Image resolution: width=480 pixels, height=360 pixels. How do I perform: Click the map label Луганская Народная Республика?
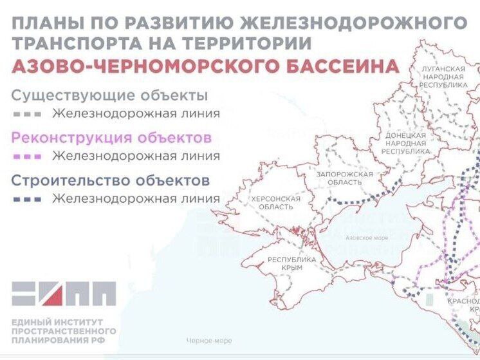[x=444, y=76]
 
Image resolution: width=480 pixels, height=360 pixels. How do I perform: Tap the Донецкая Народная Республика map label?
[x=405, y=143]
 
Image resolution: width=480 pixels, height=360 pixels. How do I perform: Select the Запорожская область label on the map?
[x=345, y=178]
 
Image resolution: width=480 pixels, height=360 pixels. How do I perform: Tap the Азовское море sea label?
[x=367, y=238]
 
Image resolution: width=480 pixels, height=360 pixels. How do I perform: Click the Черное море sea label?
[x=208, y=341]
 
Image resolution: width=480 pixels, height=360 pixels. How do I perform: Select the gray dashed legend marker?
[x=28, y=114]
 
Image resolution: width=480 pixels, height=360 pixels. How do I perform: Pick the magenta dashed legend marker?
[x=28, y=156]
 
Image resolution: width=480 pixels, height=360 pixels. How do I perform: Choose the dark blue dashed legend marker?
[x=28, y=199]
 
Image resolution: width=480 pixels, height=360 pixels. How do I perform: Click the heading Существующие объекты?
[x=109, y=96]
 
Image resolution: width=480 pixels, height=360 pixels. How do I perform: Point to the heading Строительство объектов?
[x=110, y=181]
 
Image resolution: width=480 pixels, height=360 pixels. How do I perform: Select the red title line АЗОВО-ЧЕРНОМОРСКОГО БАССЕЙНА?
[x=205, y=67]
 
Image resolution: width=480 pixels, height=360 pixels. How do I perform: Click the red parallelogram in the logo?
[x=53, y=294]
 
